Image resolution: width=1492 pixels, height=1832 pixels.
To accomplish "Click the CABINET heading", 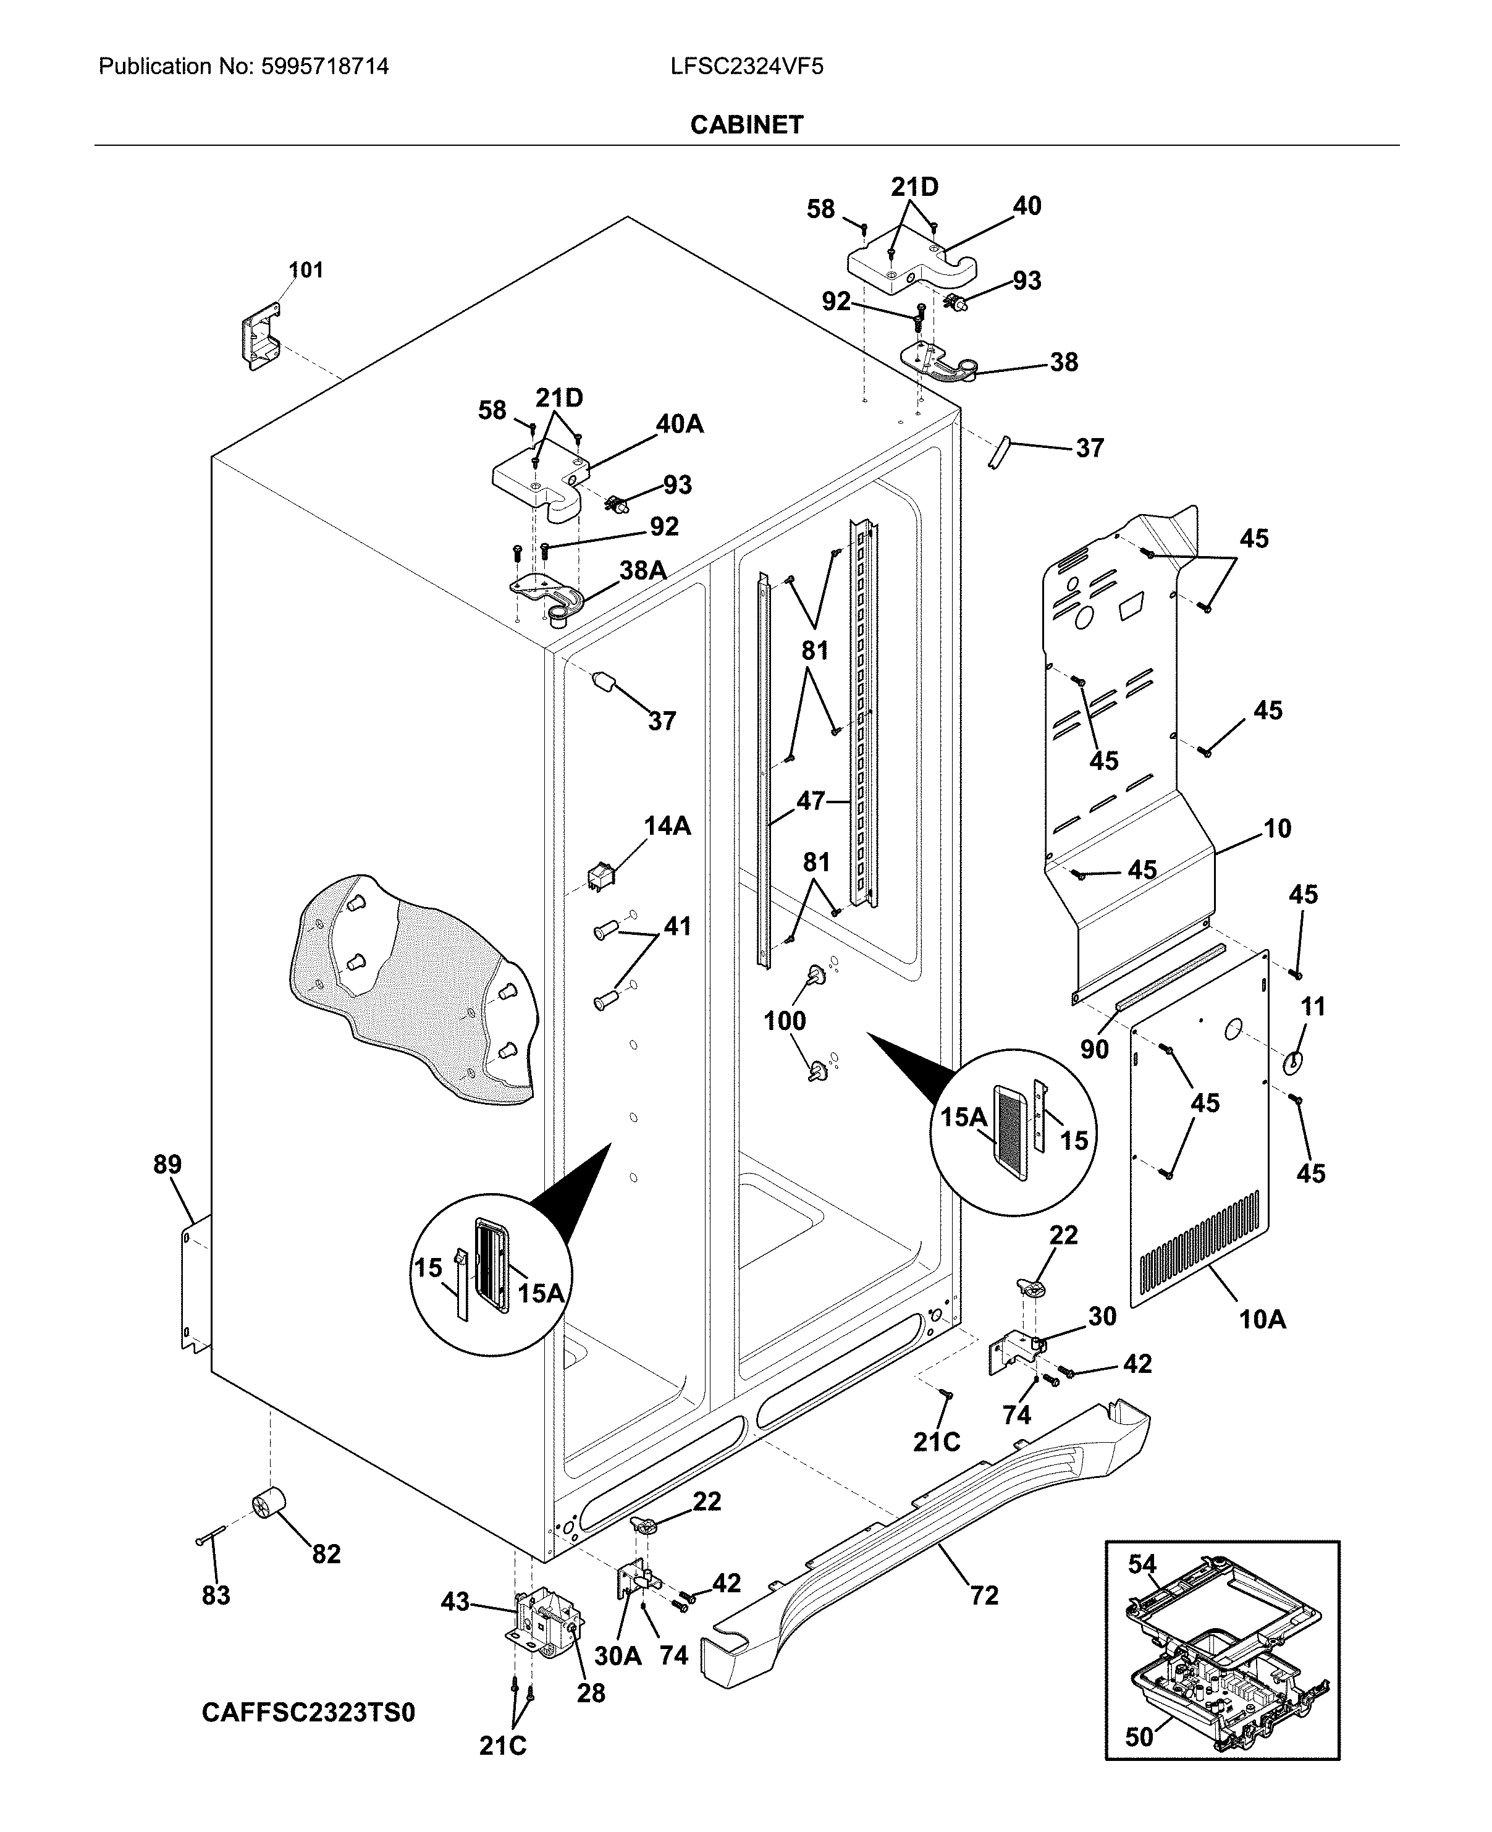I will click(x=746, y=125).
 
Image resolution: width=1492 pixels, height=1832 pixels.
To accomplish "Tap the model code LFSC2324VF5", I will click(x=747, y=66).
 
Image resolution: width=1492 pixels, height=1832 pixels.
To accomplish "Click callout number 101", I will click(x=305, y=270).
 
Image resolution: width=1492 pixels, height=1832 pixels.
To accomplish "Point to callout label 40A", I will click(x=679, y=424).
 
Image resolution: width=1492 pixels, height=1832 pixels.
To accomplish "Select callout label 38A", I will click(x=643, y=570).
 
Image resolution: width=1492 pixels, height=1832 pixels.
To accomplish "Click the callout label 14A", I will click(x=667, y=826).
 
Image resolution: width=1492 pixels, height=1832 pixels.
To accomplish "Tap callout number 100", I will click(x=785, y=1021).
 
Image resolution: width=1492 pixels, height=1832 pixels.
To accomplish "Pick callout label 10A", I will click(x=1262, y=1319).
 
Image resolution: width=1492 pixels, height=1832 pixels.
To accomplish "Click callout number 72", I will click(x=984, y=1595).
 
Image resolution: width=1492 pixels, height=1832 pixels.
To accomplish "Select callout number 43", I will click(x=455, y=1602).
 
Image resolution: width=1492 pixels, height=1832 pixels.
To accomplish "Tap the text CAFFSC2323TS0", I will click(x=308, y=1713).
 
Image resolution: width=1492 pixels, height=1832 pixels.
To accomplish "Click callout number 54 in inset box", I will click(x=1142, y=1564).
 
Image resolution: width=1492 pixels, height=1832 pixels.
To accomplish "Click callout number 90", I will click(x=1094, y=1049).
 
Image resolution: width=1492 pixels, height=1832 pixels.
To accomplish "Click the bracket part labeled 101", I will click(x=259, y=338).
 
